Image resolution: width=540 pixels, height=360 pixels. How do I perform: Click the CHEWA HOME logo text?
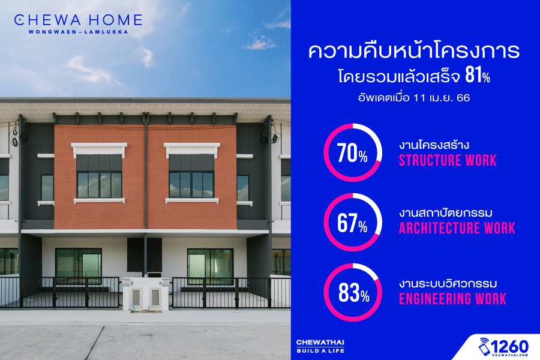point(78,20)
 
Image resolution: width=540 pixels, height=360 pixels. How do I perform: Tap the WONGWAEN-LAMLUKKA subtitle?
point(78,32)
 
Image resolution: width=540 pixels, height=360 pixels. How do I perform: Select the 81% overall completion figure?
point(478,75)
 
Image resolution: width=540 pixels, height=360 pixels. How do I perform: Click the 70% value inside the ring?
point(352,154)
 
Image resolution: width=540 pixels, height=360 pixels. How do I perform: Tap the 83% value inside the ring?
point(353,293)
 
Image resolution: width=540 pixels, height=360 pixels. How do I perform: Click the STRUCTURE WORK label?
point(448,161)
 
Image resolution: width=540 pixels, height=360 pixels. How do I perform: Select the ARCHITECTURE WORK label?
point(457,229)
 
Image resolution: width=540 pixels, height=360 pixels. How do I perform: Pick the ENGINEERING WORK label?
point(452,299)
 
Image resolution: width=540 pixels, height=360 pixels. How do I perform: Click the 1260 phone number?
point(509,346)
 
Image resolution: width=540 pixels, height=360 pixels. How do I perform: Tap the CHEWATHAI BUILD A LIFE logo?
point(320,346)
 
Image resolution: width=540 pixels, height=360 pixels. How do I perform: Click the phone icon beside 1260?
point(484,347)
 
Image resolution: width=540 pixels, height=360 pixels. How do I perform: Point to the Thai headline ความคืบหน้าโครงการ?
point(413,51)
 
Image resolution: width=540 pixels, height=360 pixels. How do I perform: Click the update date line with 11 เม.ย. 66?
point(413,98)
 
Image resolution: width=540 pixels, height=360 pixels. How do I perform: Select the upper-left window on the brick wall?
point(99,176)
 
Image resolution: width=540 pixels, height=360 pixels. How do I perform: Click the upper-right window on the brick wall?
point(191,176)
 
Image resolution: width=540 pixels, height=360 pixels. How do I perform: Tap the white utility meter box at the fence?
point(146,293)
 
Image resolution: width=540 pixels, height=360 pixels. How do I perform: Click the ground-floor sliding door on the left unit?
point(79,266)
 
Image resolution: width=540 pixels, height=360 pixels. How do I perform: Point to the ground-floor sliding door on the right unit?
point(210,266)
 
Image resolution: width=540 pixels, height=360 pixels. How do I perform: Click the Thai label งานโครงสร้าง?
point(434,145)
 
